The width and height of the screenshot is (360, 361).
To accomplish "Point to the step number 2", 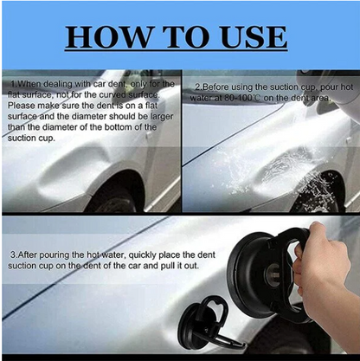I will [196, 87].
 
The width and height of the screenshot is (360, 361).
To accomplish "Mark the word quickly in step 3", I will [137, 255].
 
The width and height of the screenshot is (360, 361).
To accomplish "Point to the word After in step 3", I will [30, 255].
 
